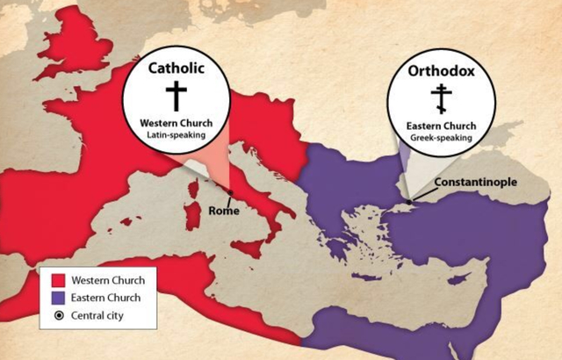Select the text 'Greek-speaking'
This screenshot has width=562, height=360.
point(442,137)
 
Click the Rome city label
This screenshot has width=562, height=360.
point(226,211)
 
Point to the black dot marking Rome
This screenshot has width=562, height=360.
point(230,193)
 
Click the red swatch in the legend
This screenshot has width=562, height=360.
point(60,281)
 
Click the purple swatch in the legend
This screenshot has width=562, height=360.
point(60,298)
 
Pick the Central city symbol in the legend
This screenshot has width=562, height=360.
point(60,314)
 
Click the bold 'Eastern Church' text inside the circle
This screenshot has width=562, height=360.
point(442,126)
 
